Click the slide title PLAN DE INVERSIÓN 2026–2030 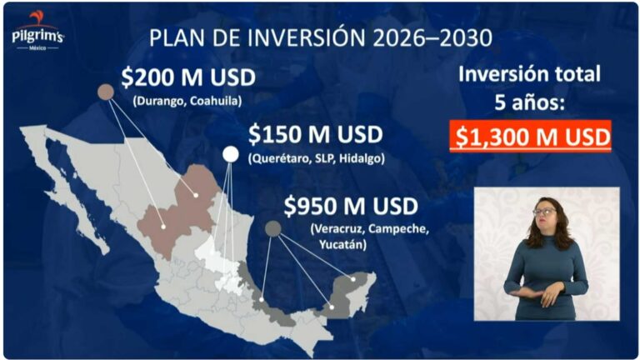click(x=319, y=37)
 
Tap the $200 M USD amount click(x=187, y=78)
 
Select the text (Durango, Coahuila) click(x=187, y=101)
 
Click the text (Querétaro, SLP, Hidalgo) click(x=316, y=158)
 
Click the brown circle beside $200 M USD click(x=106, y=92)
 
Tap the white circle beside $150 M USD click(x=230, y=153)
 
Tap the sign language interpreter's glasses click(x=544, y=212)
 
